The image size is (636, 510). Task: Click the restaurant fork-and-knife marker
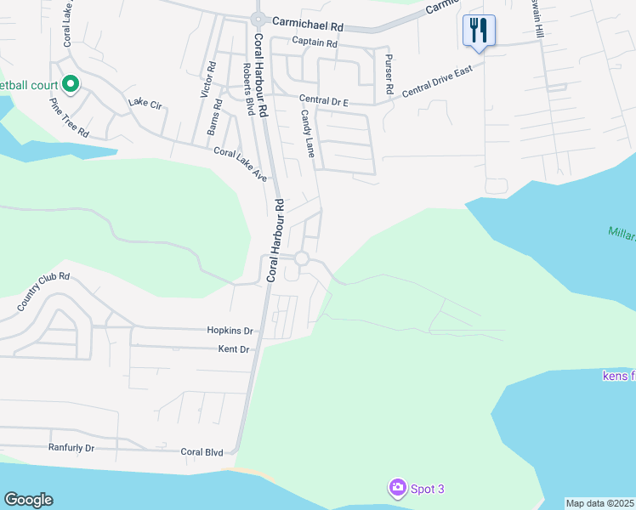[479, 31]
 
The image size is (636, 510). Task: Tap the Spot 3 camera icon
[397, 488]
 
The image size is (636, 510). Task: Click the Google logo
[28, 500]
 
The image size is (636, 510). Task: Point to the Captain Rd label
[314, 42]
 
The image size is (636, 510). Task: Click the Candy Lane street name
[307, 133]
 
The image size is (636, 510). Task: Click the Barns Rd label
[214, 117]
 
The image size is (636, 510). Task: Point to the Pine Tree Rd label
[68, 117]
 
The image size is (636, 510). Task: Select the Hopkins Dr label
[230, 330]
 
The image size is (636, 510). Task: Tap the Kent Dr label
[233, 349]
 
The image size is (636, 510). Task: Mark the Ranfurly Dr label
[71, 447]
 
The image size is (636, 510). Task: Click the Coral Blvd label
[201, 451]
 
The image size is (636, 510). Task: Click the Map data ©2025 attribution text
[599, 503]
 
